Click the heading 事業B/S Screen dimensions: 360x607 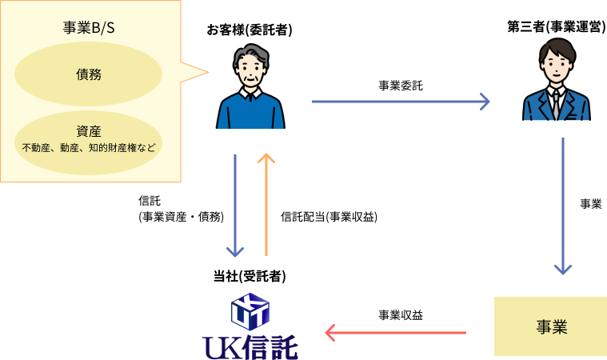coord(89,27)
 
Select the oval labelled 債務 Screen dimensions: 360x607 coord(89,74)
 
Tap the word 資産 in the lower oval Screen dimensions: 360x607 coord(89,132)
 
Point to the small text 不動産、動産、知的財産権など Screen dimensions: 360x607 coord(89,148)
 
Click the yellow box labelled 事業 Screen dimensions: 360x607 coord(550,326)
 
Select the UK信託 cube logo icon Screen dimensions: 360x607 coord(250,311)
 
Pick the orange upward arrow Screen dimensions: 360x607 coord(266,204)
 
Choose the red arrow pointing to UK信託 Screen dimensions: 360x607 coord(395,332)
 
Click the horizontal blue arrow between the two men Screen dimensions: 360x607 coord(400,102)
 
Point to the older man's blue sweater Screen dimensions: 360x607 coord(250,114)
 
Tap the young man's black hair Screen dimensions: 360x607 coord(557,46)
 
